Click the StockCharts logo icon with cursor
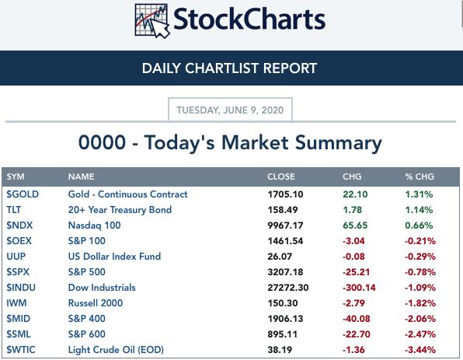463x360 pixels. [x=151, y=21]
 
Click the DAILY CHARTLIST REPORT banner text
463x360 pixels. [x=229, y=68]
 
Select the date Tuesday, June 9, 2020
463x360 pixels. [x=230, y=110]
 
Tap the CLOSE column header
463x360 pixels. [x=280, y=177]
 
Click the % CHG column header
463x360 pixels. [x=419, y=177]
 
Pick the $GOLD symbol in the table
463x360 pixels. [x=23, y=194]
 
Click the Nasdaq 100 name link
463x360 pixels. [x=94, y=225]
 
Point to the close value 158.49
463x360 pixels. [x=283, y=210]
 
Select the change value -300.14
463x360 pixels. [x=359, y=288]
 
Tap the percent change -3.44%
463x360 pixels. [x=420, y=350]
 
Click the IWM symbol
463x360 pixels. [x=16, y=303]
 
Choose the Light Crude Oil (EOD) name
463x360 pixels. [x=116, y=350]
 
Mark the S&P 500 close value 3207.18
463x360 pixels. [x=285, y=272]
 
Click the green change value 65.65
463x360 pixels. [x=355, y=225]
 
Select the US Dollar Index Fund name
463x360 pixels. [x=114, y=257]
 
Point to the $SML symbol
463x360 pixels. [x=19, y=334]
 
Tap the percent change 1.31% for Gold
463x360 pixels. [x=419, y=194]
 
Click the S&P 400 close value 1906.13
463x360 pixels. [x=285, y=319]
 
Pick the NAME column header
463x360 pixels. [x=82, y=177]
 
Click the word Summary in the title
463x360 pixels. [x=339, y=143]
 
